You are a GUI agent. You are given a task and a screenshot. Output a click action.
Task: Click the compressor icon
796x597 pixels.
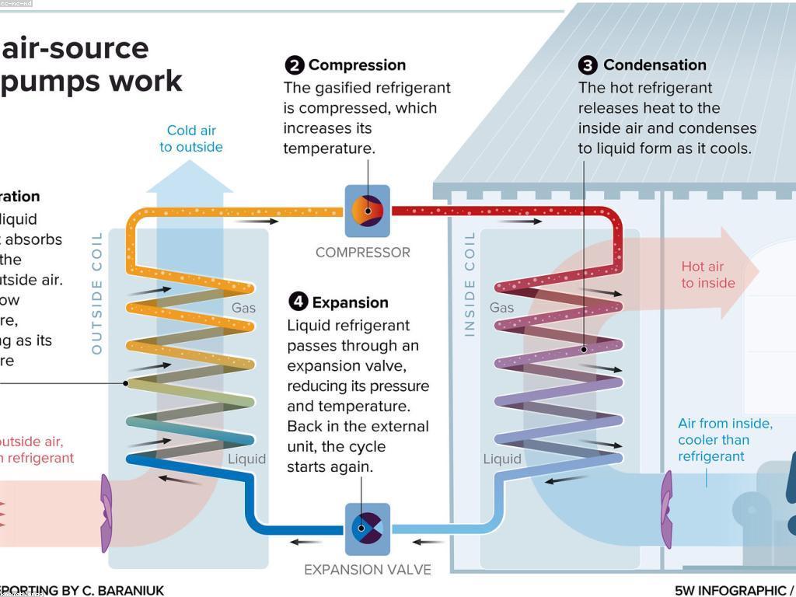[x=367, y=211]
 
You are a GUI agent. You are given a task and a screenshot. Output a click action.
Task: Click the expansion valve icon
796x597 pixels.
[x=367, y=529]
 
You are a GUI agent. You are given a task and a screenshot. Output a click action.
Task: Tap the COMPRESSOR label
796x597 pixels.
[x=362, y=252]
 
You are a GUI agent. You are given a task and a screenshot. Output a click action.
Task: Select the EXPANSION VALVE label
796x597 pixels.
[x=367, y=570]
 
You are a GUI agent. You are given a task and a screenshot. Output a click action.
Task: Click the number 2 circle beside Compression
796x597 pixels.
[x=294, y=65]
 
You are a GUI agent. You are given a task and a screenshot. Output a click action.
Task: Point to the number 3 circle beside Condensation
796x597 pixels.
[x=588, y=65]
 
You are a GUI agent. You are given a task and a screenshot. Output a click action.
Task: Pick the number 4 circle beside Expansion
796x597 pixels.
[x=298, y=302]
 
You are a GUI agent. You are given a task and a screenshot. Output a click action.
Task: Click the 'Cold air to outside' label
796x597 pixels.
[x=191, y=138]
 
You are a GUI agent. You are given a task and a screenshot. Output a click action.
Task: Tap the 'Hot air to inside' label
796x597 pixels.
[x=707, y=274]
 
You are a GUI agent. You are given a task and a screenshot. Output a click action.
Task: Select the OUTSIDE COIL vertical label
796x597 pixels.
[x=97, y=292]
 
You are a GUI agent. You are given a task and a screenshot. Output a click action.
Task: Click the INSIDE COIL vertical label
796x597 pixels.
[x=470, y=284]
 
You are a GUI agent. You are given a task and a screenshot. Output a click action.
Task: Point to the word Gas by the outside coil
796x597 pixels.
[x=243, y=308]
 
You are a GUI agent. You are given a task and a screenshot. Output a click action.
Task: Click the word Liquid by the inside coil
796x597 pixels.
[x=502, y=459]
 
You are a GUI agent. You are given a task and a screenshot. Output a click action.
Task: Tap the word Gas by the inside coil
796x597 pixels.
[x=501, y=308]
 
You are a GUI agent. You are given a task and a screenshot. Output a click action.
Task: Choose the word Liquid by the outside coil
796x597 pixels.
[x=246, y=459]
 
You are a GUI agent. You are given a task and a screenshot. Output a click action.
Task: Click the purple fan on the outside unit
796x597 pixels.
[x=106, y=513]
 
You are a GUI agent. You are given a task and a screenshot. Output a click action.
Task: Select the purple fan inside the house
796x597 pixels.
[x=666, y=509]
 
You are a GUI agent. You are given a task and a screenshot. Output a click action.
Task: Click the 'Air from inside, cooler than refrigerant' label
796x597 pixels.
[x=724, y=440]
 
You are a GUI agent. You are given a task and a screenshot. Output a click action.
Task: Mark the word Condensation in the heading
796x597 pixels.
[x=655, y=65]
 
